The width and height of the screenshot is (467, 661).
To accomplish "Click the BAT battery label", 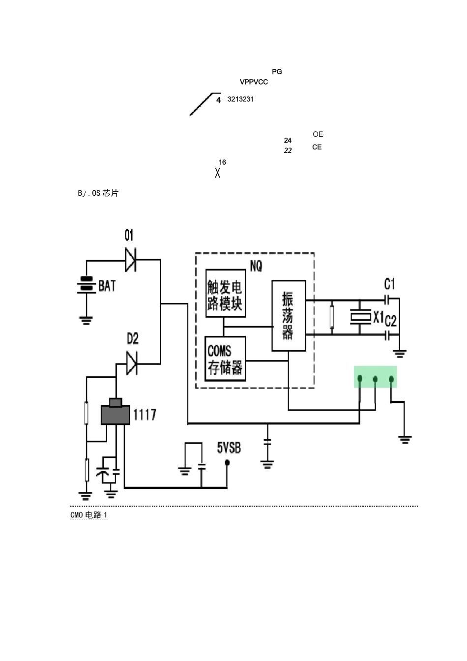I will click(x=107, y=286).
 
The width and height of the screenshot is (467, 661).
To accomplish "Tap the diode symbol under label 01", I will click(x=130, y=260).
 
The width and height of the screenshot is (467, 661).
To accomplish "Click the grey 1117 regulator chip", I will click(x=115, y=414).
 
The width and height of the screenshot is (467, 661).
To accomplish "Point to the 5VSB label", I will click(x=229, y=448).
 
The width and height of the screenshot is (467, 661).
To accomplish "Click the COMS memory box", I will click(x=225, y=359).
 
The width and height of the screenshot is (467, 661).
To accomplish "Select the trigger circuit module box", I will click(x=226, y=293).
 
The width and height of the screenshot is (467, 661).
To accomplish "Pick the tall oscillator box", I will click(x=289, y=315).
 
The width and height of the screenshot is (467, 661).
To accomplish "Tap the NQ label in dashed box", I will click(x=256, y=266).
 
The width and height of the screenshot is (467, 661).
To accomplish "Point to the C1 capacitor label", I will click(x=389, y=284).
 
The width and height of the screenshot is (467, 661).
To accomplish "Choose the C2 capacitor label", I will click(x=390, y=321).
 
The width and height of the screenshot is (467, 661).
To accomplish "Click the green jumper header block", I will click(x=376, y=377).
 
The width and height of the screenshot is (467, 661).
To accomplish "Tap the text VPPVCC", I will click(x=254, y=82).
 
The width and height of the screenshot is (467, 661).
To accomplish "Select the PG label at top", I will click(x=277, y=72).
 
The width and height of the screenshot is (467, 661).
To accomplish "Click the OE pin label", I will click(x=318, y=134).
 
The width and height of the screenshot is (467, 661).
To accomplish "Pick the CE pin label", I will click(x=317, y=147).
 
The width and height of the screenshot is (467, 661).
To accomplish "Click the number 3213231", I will click(x=240, y=99).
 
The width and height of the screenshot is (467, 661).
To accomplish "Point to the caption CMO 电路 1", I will click(x=89, y=515).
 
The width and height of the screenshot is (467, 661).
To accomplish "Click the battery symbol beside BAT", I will click(x=87, y=285).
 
